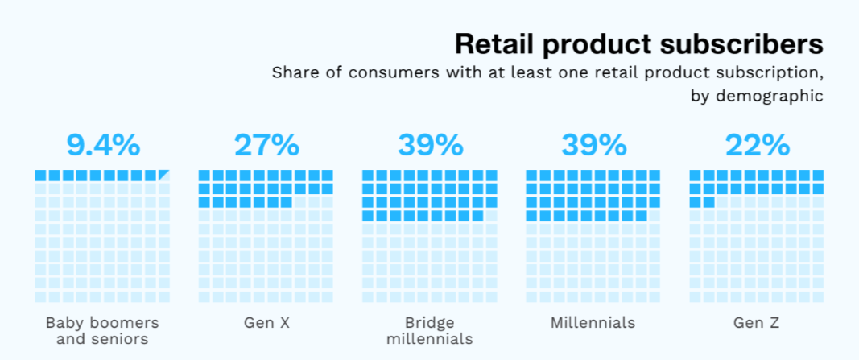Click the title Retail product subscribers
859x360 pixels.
[x=638, y=43]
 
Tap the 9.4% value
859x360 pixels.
[x=102, y=146]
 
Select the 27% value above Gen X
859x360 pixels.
[x=266, y=146]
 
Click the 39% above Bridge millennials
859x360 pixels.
[x=429, y=146]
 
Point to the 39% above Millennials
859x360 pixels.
[x=593, y=146]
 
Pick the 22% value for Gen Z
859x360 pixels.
[x=757, y=146]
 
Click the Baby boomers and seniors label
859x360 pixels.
[x=102, y=330]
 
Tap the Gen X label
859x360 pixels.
[x=266, y=323]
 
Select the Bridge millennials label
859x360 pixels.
[x=429, y=330]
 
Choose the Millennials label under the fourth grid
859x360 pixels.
[x=593, y=323]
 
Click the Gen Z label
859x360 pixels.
[x=757, y=323]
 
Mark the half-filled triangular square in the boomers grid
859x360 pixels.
[x=164, y=175]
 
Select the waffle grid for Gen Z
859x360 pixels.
[x=757, y=236]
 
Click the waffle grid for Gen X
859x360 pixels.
[x=266, y=236]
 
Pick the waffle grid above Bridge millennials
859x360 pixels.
[x=429, y=236]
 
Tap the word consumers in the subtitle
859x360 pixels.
[x=380, y=72]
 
